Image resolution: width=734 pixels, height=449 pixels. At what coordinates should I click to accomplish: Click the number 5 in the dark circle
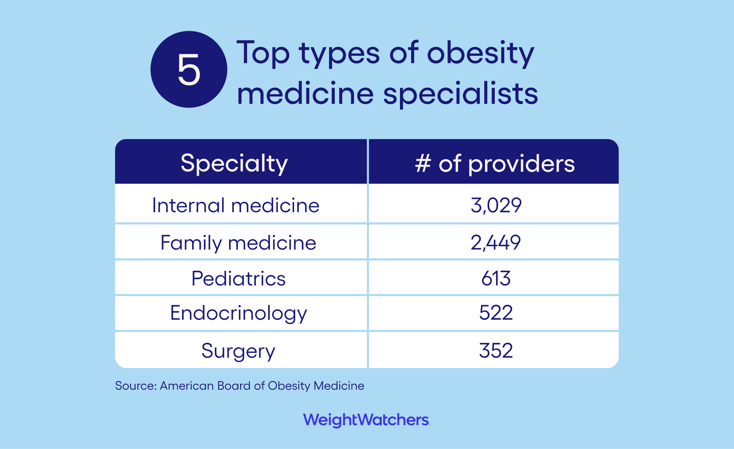tap(189, 70)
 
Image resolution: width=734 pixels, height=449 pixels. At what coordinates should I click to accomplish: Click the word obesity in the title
tap(480, 53)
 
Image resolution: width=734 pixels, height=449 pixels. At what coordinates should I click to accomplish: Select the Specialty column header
tap(234, 163)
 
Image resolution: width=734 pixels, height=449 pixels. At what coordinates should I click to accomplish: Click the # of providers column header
tap(495, 163)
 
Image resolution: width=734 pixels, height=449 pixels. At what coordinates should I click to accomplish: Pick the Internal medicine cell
tap(236, 205)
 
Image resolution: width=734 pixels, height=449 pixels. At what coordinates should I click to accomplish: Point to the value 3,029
tap(496, 205)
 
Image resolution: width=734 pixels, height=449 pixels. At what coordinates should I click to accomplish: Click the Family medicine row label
tap(238, 243)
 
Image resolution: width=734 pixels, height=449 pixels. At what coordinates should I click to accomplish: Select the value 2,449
tap(495, 243)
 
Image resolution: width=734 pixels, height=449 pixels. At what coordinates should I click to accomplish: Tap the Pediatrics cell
tap(238, 279)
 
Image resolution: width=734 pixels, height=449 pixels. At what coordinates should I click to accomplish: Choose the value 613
tap(496, 279)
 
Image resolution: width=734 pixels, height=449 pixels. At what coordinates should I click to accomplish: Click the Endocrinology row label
tap(238, 313)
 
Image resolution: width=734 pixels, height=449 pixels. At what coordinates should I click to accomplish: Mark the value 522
tap(496, 313)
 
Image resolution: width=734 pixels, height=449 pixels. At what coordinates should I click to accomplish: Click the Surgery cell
tap(238, 351)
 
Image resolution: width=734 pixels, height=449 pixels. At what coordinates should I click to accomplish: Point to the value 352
tap(496, 351)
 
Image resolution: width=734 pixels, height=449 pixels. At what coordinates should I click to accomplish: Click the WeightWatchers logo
tap(366, 420)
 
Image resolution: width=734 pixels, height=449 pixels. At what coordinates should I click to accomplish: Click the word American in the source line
tap(187, 386)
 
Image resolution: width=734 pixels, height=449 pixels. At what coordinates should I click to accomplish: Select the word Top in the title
tap(263, 53)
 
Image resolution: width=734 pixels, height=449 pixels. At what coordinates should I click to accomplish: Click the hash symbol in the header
tap(423, 163)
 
